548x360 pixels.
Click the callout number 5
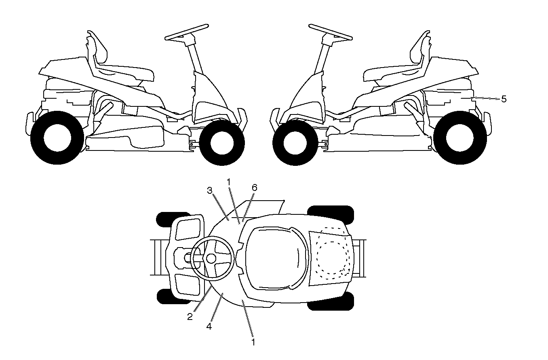pos(504,99)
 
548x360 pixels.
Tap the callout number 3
pos(210,191)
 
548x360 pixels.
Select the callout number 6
pos(255,188)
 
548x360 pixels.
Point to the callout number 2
pos(190,317)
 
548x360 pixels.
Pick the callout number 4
pos(209,326)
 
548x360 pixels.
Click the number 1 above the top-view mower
pos(229,182)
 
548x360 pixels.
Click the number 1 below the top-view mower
pos(253,342)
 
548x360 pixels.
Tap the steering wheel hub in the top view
pos(211,258)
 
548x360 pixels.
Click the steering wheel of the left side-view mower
pos(187,32)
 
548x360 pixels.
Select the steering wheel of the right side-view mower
pos(331,32)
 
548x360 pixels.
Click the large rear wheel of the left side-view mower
pos(57,138)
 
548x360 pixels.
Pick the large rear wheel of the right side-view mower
pos(460,138)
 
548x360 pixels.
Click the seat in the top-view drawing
pos(276,258)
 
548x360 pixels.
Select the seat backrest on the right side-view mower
pos(419,48)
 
